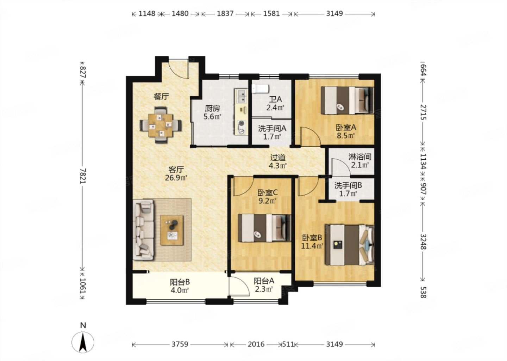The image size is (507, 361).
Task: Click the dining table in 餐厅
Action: pos(161,125)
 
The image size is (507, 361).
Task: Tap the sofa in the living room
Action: pos(144,230)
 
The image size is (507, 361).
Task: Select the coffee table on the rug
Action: pos(172,230)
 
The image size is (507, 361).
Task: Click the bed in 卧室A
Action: pos(347,100)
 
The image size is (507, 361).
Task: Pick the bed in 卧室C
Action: pos(264,228)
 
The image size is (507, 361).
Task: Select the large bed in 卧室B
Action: pos(349,245)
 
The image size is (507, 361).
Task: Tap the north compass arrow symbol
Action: pos(83,342)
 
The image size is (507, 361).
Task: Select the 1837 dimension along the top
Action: pos(225,14)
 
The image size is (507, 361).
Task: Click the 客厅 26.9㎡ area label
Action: pos(176,173)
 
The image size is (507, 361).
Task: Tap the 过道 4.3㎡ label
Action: pos(278,161)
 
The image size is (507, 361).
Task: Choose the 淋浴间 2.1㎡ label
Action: pos(360,160)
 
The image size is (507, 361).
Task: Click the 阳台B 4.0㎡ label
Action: pos(180,286)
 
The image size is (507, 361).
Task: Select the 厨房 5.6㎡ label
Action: pos(212,112)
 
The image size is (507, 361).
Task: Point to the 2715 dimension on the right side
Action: pos(423,112)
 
